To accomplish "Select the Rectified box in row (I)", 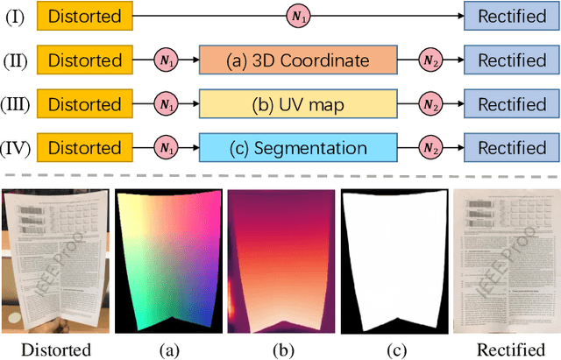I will click(511, 16).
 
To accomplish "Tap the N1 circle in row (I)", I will click(298, 16).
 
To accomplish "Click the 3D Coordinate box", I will click(297, 60).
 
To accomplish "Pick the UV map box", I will click(297, 104).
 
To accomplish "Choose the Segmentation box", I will click(297, 148).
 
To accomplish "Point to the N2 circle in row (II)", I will click(430, 60).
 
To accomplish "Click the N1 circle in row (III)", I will click(165, 104).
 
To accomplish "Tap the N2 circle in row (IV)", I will click(430, 148).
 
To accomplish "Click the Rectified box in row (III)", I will click(511, 104).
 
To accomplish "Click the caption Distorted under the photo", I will click(56, 349).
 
